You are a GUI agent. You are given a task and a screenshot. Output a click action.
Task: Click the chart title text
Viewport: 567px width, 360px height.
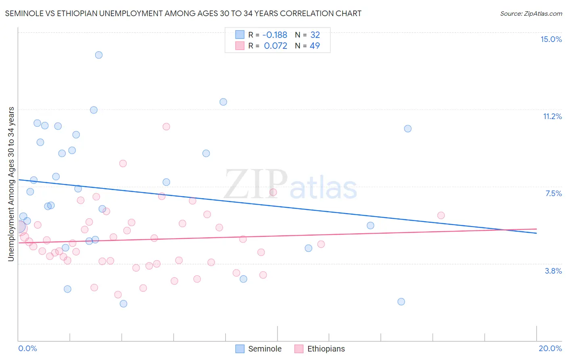coord(183,13)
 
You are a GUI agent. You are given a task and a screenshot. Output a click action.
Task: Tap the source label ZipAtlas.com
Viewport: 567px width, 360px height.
coord(531,13)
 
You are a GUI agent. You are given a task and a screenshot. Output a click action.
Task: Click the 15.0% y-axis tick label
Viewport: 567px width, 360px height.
coord(551,39)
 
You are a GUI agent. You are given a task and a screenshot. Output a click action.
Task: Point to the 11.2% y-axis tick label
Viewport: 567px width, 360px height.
coord(552,116)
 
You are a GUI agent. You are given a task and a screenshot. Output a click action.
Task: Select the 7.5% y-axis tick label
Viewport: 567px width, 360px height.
coord(553,193)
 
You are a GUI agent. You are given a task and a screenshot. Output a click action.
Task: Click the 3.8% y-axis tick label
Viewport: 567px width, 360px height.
coord(553,271)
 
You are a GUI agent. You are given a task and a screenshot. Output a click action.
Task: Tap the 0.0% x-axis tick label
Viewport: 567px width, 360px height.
coord(27,348)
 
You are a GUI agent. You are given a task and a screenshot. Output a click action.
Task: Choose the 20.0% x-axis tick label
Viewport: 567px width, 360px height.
coord(550,348)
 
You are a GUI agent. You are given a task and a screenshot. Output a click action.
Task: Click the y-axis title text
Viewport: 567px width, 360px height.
coord(11,184)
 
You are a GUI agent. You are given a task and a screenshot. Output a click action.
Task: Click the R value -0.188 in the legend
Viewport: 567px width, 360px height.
coord(275,35)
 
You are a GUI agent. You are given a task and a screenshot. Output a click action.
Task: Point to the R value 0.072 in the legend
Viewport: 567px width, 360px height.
coord(275,46)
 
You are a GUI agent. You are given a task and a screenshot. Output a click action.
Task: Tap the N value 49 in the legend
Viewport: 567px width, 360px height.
coord(315,46)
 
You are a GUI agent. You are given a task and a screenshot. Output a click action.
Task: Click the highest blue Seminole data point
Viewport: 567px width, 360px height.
coord(99,55)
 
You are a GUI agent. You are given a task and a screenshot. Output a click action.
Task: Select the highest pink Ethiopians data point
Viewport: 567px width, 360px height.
coord(166,127)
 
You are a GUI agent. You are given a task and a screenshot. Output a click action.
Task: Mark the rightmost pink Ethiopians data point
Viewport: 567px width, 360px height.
coord(441,216)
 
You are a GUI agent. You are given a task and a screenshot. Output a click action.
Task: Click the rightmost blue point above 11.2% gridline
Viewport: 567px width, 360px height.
coord(223,102)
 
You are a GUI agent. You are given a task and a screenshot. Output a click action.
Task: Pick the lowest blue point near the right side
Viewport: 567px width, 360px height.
coord(401,301)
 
